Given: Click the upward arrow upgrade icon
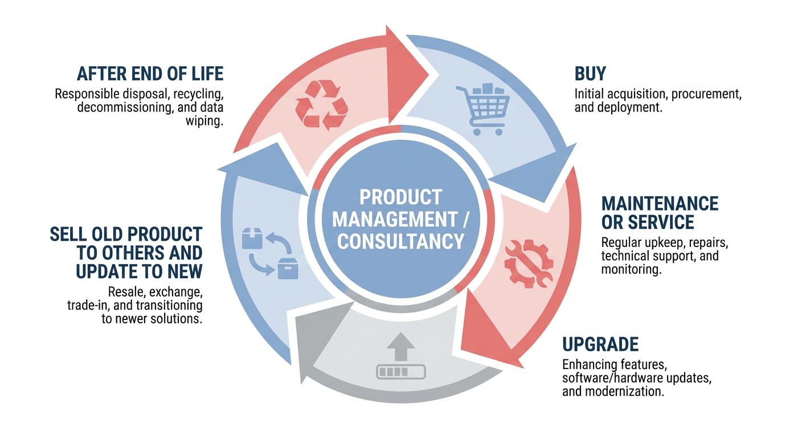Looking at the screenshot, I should click(400, 359).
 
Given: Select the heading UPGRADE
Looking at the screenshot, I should click(600, 344).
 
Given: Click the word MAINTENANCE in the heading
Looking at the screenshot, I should click(660, 204).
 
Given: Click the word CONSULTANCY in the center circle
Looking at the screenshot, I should click(400, 241).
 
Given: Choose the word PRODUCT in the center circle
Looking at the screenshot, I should click(400, 197).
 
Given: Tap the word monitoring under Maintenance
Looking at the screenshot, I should click(631, 270).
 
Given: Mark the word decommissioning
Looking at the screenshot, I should click(123, 107).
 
